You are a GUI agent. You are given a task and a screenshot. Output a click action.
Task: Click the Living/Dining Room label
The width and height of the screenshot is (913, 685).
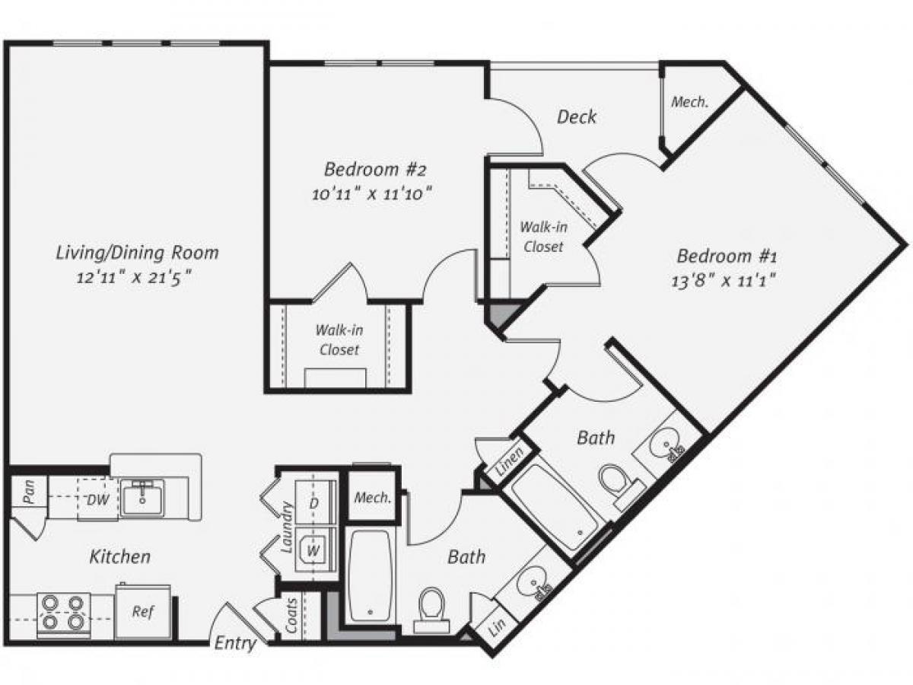pyautogui.click(x=137, y=252)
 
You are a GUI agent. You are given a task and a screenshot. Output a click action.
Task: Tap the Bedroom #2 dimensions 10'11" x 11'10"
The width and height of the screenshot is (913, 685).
pyautogui.click(x=372, y=193)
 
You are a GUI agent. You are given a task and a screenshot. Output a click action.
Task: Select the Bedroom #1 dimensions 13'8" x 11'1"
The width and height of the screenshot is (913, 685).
pyautogui.click(x=725, y=279)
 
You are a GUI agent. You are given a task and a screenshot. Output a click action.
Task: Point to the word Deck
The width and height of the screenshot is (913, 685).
pyautogui.click(x=577, y=116)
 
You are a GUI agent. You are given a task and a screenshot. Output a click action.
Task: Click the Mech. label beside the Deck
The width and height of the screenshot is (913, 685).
pyautogui.click(x=690, y=102)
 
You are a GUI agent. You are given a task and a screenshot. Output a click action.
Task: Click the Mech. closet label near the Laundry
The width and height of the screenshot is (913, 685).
pyautogui.click(x=373, y=499)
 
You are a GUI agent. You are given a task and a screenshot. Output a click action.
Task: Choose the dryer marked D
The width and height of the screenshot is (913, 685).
pyautogui.click(x=312, y=503)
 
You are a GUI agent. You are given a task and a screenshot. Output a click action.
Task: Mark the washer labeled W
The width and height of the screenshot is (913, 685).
pyautogui.click(x=312, y=546)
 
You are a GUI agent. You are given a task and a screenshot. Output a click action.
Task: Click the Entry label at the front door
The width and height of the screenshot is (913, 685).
pyautogui.click(x=235, y=643)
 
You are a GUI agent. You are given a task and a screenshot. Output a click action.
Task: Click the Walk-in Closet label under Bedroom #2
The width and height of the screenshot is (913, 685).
pyautogui.click(x=339, y=340)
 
